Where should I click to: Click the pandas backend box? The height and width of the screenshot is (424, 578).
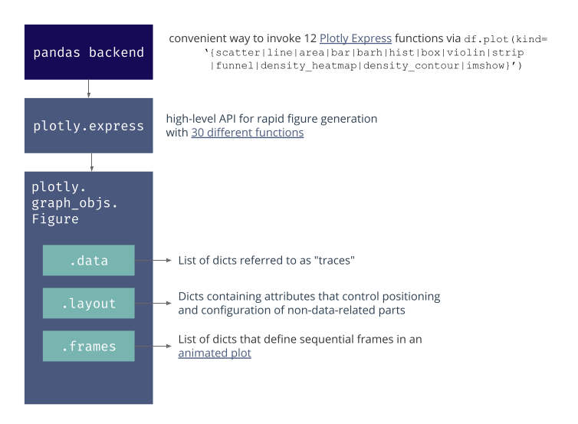88,52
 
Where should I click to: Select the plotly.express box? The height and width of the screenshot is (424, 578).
88,125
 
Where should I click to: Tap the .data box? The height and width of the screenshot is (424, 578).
88,260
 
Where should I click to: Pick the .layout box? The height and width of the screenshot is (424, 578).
88,303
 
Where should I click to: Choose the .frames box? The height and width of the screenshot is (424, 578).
88,346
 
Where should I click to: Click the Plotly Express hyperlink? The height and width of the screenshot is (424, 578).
356,38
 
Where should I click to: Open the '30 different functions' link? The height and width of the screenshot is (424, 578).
248,133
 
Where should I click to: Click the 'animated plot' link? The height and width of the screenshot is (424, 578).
215,353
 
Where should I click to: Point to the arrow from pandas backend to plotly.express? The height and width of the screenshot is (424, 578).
88,89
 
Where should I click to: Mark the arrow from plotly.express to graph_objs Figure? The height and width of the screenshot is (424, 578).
91,163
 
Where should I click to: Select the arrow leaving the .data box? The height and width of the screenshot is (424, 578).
153,260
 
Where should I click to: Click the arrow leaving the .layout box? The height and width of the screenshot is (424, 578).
153,303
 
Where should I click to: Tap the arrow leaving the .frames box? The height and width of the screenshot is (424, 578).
153,346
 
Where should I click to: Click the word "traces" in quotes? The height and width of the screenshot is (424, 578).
334,260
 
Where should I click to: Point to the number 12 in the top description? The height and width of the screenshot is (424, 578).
310,38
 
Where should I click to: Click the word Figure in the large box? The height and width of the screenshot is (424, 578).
55,219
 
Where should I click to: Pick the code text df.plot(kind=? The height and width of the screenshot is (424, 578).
505,39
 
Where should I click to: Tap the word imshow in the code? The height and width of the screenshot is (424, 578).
485,66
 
